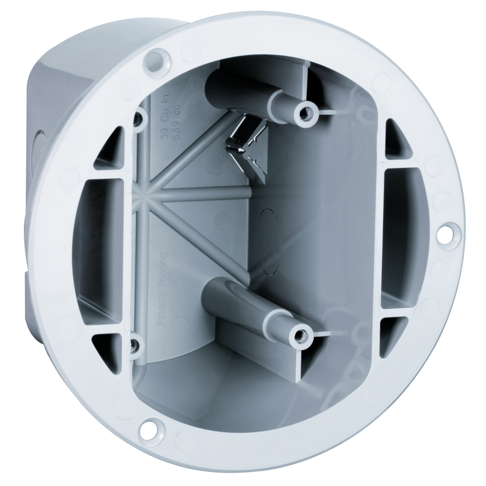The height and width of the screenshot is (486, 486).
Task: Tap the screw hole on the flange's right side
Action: [x=444, y=233]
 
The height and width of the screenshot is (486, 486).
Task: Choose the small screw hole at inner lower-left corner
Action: [x=133, y=345]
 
